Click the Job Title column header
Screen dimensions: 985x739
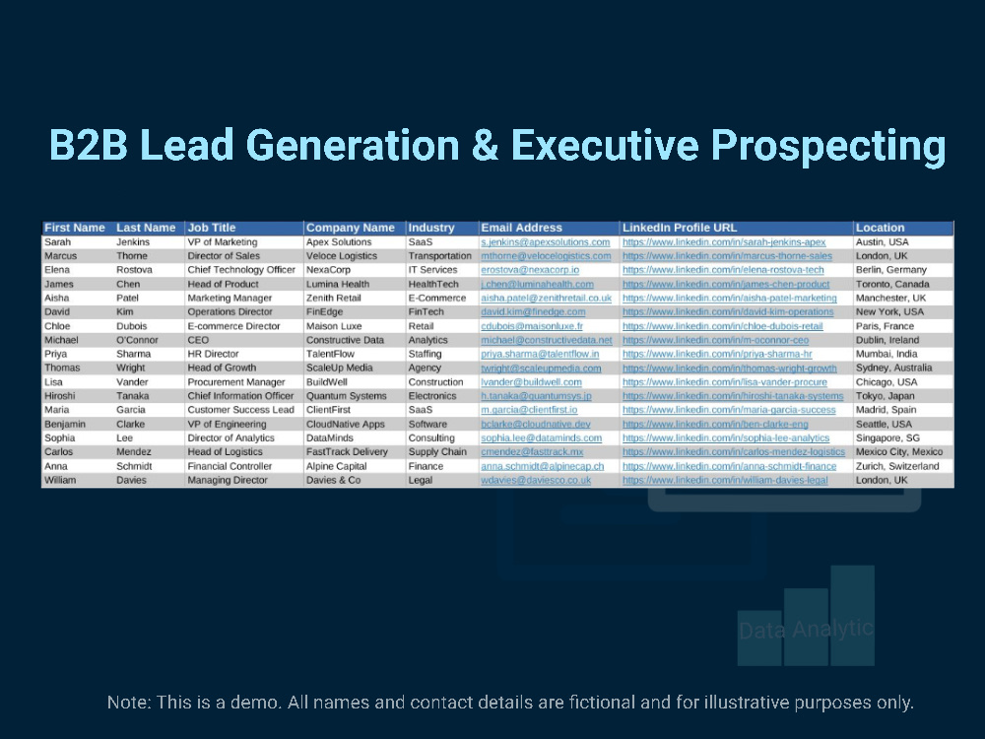211,229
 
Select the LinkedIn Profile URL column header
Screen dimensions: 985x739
679,229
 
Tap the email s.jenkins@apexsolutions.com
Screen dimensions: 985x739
546,242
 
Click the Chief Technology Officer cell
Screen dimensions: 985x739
241,270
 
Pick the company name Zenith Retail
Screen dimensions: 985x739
334,298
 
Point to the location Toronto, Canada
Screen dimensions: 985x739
892,284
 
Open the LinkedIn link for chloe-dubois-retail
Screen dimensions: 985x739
722,326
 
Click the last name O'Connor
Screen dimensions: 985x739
137,340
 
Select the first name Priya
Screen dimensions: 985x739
55,355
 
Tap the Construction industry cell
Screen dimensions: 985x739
435,382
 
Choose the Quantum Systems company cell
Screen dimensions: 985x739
346,396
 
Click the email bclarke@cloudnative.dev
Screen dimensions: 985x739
536,424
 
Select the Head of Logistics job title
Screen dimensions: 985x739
225,452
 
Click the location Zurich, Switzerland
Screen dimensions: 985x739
897,466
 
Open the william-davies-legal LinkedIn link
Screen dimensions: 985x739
725,480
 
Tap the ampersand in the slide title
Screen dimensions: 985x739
485,145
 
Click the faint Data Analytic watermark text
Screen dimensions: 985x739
806,629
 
